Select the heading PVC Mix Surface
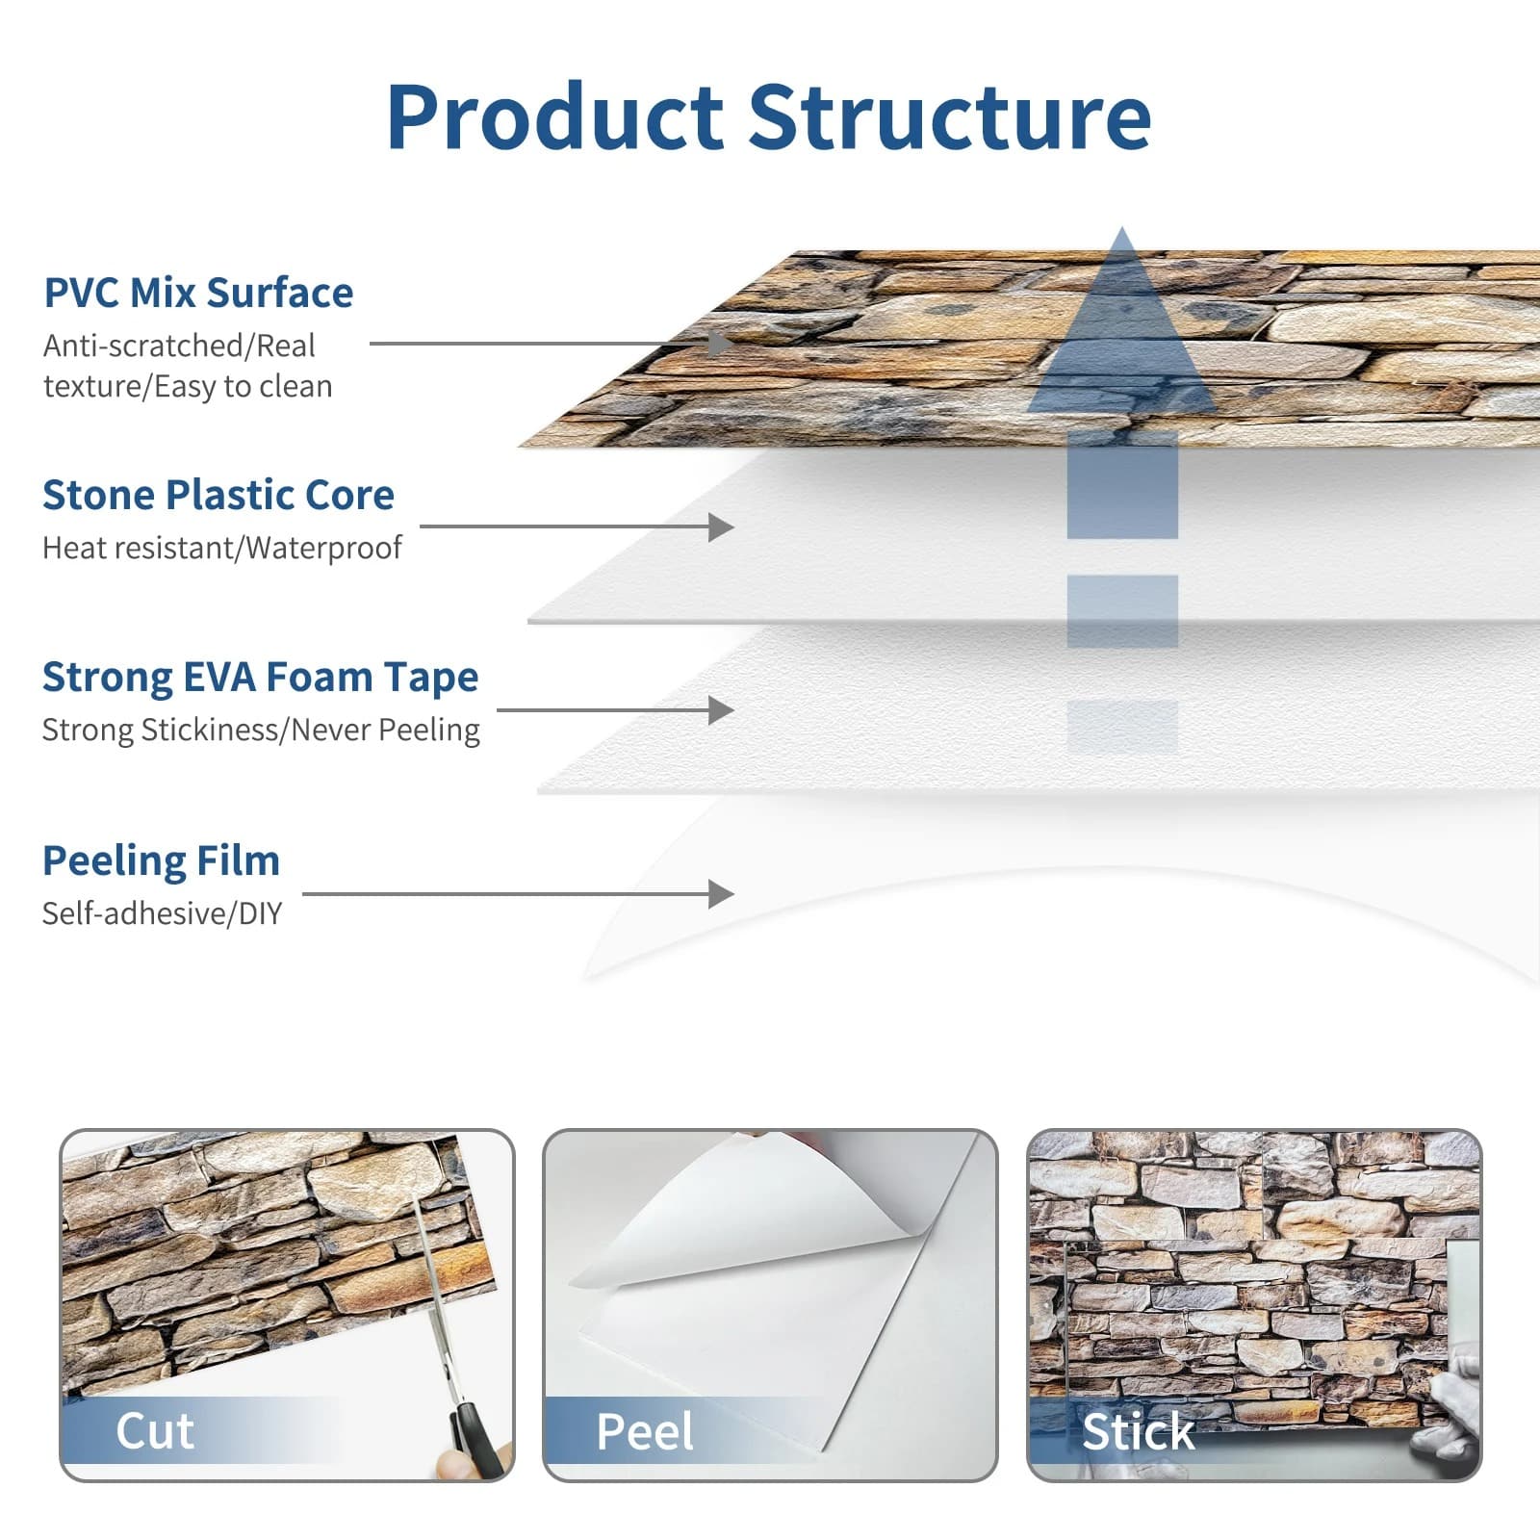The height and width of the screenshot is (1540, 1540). pyautogui.click(x=198, y=293)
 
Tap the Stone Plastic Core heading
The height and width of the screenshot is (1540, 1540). pyautogui.click(x=218, y=495)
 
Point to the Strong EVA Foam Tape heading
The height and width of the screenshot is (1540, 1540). pyautogui.click(x=260, y=677)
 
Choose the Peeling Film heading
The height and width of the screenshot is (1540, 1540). pyautogui.click(x=161, y=860)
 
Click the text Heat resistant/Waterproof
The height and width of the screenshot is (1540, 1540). pyautogui.click(x=221, y=548)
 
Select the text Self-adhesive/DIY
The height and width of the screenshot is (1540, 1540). pyautogui.click(x=162, y=912)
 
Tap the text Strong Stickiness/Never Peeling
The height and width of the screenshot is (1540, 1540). pyautogui.click(x=260, y=730)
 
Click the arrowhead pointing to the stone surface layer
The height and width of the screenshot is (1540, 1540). pyautogui.click(x=720, y=343)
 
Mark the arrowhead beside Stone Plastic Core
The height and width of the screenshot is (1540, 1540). pyautogui.click(x=721, y=526)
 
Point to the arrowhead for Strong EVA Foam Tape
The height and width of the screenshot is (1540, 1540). pyautogui.click(x=721, y=710)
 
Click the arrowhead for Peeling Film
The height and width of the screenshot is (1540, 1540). pyautogui.click(x=721, y=894)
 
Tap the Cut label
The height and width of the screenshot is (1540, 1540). pyautogui.click(x=154, y=1430)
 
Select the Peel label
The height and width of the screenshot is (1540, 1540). pyautogui.click(x=644, y=1431)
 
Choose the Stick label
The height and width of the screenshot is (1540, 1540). pyautogui.click(x=1138, y=1431)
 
